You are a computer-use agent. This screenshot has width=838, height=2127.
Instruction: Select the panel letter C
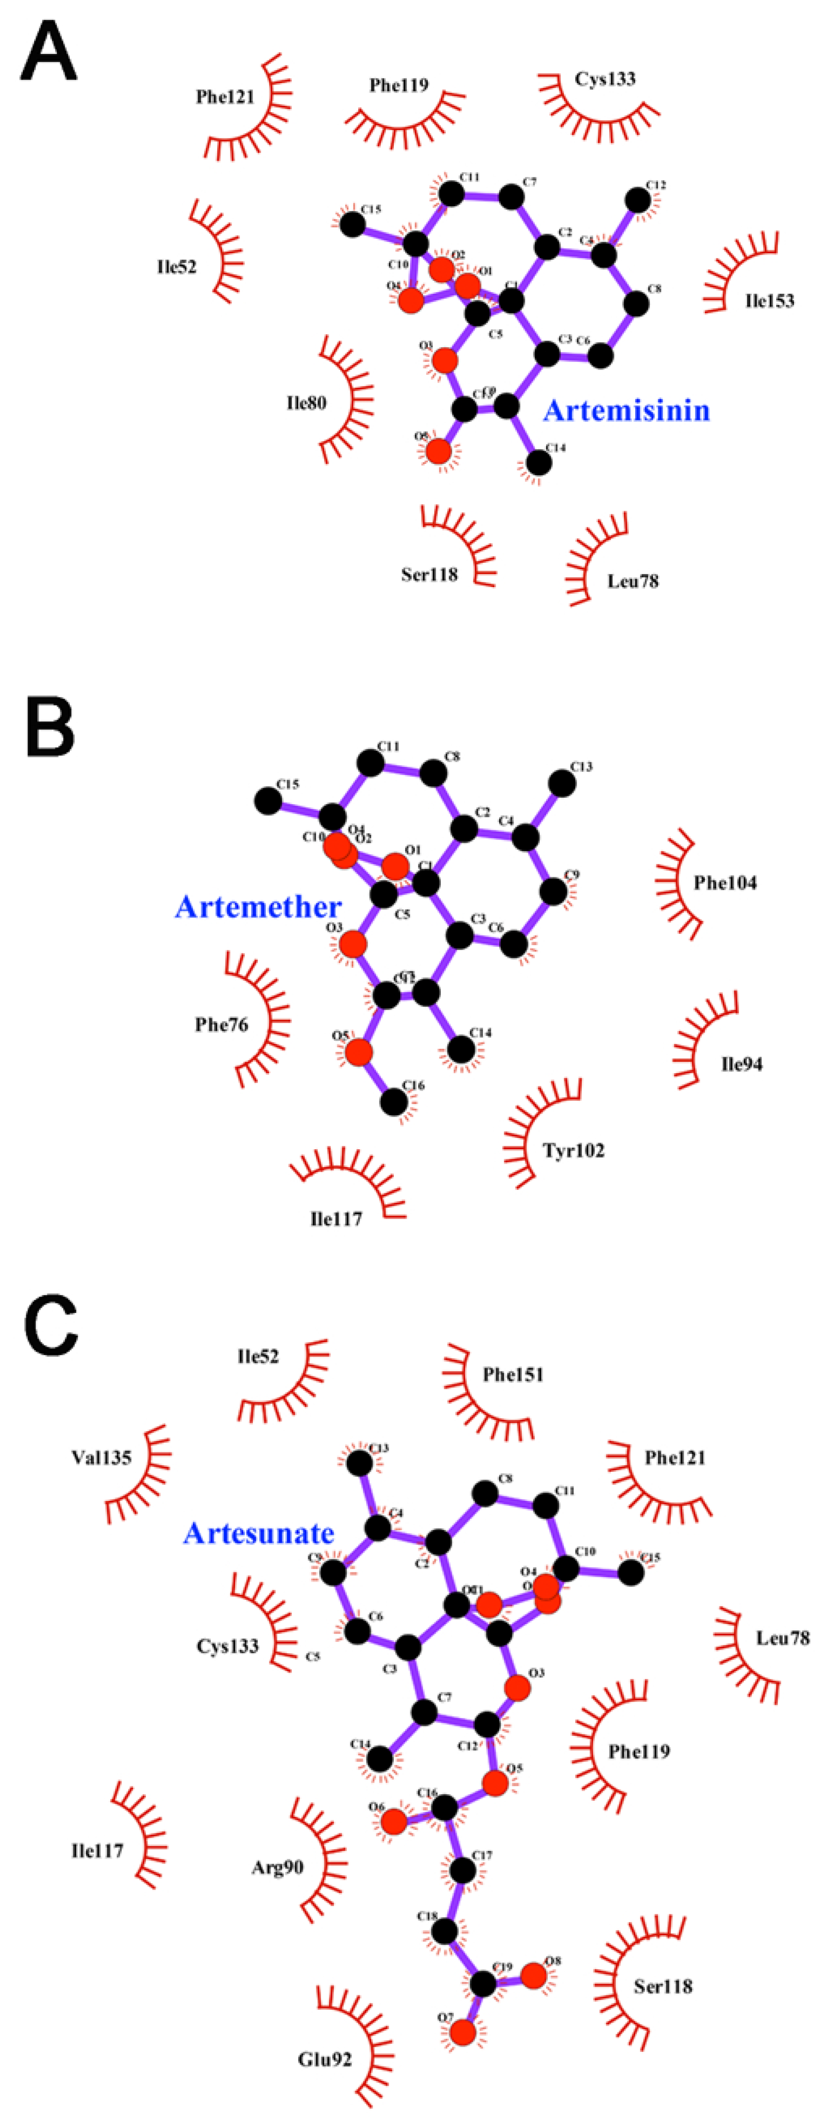click(x=50, y=1325)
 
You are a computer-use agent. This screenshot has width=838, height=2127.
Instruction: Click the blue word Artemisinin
click(x=626, y=410)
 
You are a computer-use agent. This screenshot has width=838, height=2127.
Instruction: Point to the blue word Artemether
click(x=258, y=906)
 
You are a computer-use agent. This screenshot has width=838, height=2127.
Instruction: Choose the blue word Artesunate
click(x=258, y=1534)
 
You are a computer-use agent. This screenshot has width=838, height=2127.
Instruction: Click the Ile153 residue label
click(x=769, y=301)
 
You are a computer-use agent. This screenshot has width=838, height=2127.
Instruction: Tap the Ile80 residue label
click(x=306, y=403)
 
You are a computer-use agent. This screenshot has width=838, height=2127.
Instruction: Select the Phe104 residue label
click(x=725, y=883)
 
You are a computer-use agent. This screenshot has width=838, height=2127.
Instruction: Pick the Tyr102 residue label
click(x=573, y=1150)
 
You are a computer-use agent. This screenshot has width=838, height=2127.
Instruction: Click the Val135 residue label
click(x=101, y=1457)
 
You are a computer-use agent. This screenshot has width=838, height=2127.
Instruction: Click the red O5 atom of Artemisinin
click(x=438, y=452)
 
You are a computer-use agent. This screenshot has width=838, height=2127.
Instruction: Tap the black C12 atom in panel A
click(x=637, y=200)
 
